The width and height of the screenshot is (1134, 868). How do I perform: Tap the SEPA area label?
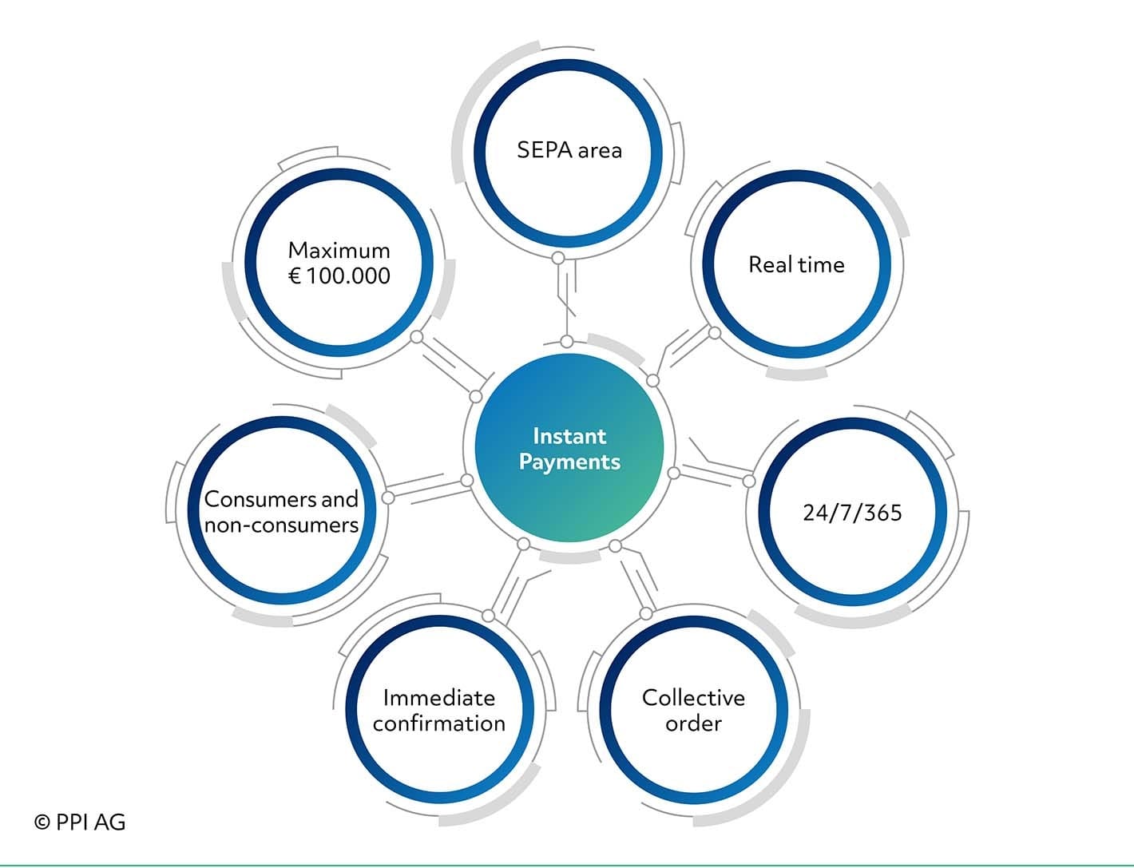(x=569, y=150)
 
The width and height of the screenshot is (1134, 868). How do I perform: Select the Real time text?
(x=795, y=265)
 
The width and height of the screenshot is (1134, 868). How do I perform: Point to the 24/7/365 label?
(x=852, y=513)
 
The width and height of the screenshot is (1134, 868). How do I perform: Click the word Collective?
(x=693, y=698)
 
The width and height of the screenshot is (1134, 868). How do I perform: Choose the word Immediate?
(x=438, y=698)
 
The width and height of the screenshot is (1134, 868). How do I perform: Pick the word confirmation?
(x=438, y=723)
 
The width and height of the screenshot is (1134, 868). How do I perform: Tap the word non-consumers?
(x=281, y=525)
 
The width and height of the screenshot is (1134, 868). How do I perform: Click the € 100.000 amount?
(x=339, y=276)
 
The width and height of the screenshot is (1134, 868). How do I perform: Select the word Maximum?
(x=339, y=251)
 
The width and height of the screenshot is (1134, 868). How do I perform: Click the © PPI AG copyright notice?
(x=80, y=822)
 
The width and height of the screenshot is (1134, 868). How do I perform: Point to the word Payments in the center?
(x=569, y=462)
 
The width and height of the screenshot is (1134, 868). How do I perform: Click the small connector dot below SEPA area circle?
(x=558, y=258)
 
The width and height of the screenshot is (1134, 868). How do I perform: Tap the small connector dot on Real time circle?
(x=715, y=333)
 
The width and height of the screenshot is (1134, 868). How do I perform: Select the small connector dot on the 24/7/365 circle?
(x=749, y=481)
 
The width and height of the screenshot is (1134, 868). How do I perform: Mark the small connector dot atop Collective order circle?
(x=646, y=613)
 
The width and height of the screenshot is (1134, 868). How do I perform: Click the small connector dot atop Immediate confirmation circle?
(x=489, y=615)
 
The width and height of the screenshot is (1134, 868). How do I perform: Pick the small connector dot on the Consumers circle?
(x=388, y=497)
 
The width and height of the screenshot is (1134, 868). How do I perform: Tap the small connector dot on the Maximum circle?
(x=416, y=337)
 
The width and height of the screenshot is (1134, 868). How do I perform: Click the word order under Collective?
(x=693, y=723)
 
